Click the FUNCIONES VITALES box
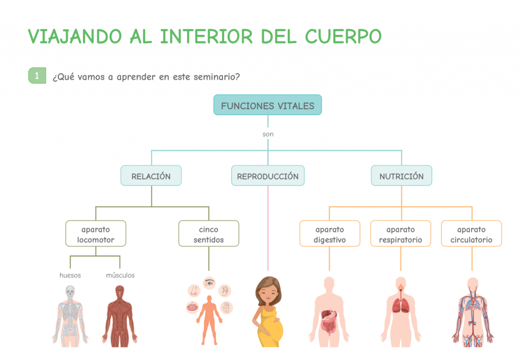pyautogui.click(x=267, y=106)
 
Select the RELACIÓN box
pyautogui.click(x=151, y=176)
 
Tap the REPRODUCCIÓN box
pyautogui.click(x=268, y=176)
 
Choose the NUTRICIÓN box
pyautogui.click(x=401, y=176)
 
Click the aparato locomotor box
pyautogui.click(x=96, y=234)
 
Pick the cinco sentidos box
pyautogui.click(x=209, y=234)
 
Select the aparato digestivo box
pyautogui.click(x=330, y=234)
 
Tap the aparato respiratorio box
pyautogui.click(x=400, y=234)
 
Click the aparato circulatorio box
pyautogui.click(x=472, y=234)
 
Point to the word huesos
pyautogui.click(x=70, y=275)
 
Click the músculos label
pyautogui.click(x=120, y=275)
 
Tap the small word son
pyautogui.click(x=268, y=134)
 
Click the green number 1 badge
pyautogui.click(x=37, y=76)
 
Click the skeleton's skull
pyautogui.click(x=70, y=291)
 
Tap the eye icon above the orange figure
pyautogui.click(x=209, y=283)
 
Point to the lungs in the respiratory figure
pyautogui.click(x=401, y=306)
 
